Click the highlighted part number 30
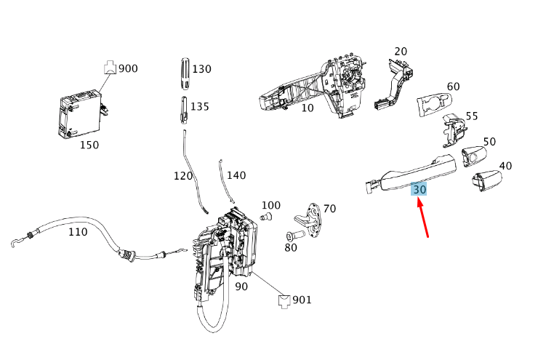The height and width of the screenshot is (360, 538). pyautogui.click(x=419, y=189)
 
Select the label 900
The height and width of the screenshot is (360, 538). pyautogui.click(x=128, y=69)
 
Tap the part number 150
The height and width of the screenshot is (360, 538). pyautogui.click(x=89, y=145)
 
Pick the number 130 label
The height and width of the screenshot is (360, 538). pyautogui.click(x=201, y=69)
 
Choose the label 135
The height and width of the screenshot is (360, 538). pyautogui.click(x=199, y=106)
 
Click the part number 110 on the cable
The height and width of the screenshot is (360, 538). pyautogui.click(x=78, y=232)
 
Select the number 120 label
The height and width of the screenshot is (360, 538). pyautogui.click(x=183, y=176)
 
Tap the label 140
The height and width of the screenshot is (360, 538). pyautogui.click(x=236, y=175)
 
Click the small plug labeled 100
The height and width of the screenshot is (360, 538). pyautogui.click(x=266, y=217)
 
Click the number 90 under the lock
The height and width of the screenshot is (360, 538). pyautogui.click(x=241, y=287)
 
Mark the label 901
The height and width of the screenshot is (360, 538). pyautogui.click(x=302, y=299)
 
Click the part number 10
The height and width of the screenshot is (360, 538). pyautogui.click(x=308, y=108)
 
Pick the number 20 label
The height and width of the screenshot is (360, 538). pyautogui.click(x=401, y=52)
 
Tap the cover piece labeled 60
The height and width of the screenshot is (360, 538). pyautogui.click(x=435, y=105)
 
